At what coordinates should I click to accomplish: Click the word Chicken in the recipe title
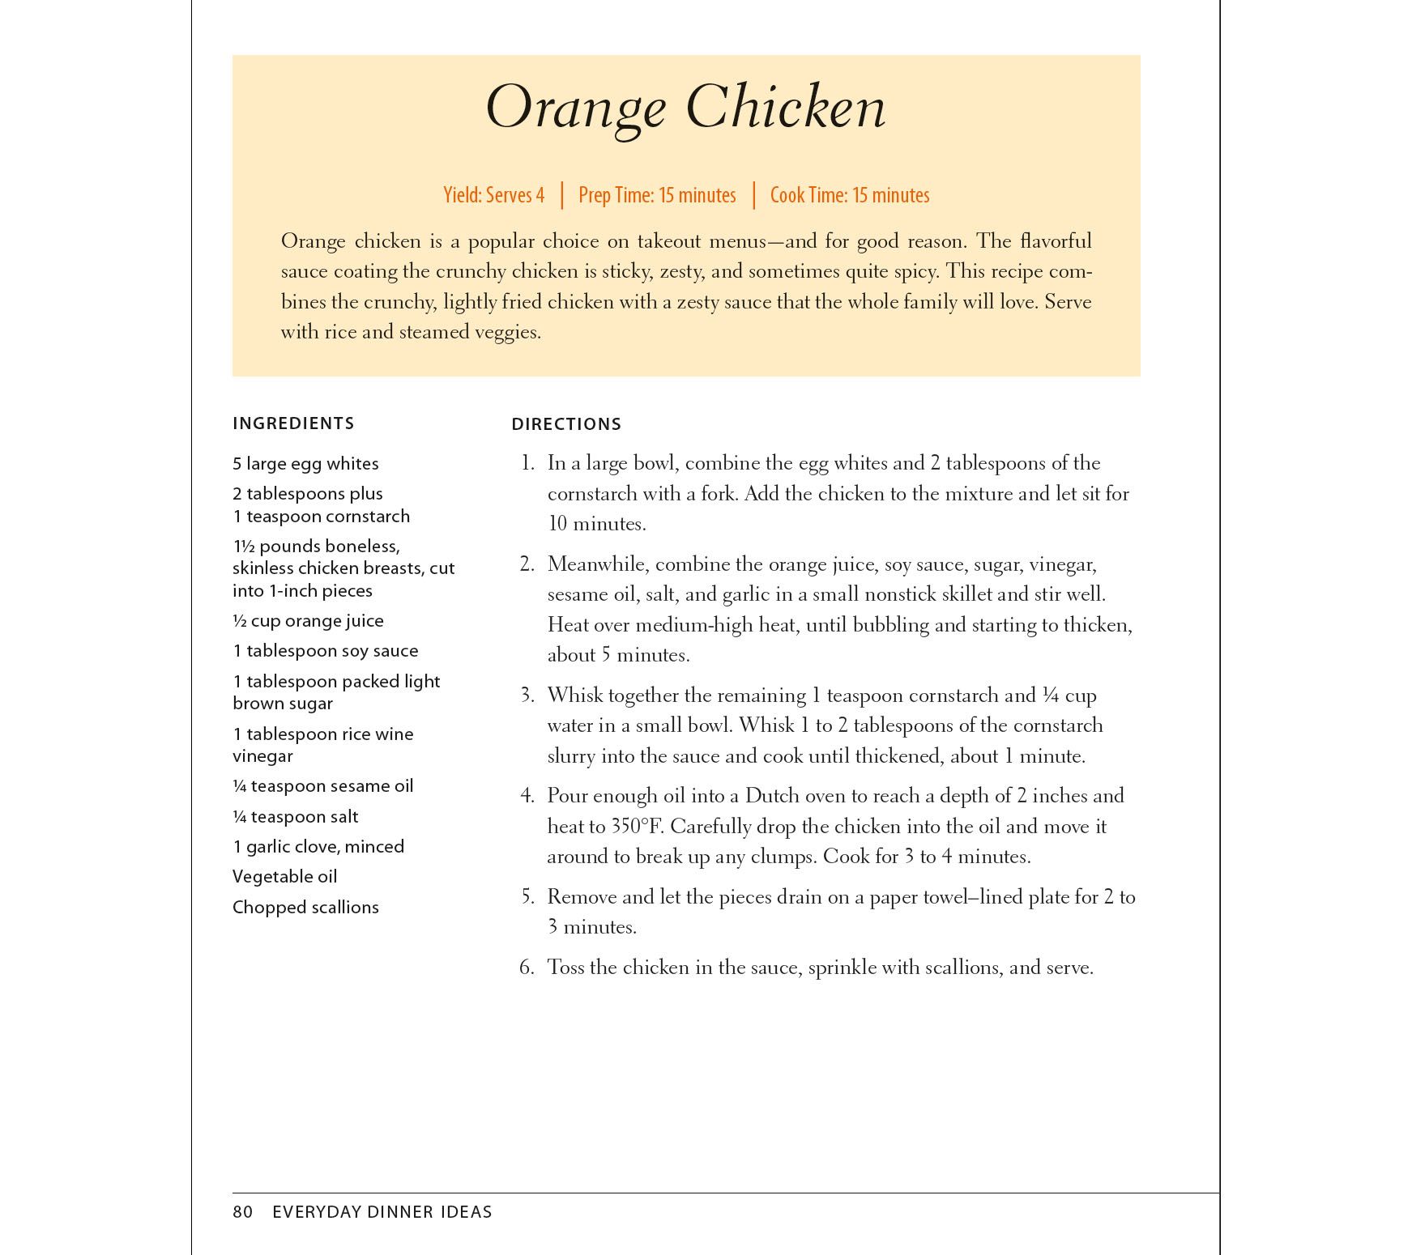tap(786, 107)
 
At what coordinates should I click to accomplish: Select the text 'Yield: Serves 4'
tap(493, 195)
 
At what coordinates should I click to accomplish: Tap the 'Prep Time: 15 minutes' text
tap(657, 195)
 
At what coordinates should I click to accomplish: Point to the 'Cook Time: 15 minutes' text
tap(850, 195)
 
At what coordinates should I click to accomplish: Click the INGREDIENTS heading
tap(293, 423)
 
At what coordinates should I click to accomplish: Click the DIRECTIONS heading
tap(566, 424)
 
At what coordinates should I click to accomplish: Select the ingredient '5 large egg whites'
tap(305, 464)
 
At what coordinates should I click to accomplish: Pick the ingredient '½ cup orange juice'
tap(308, 621)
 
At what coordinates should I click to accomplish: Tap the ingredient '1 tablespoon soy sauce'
tap(325, 651)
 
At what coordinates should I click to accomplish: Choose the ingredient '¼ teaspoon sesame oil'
tap(322, 786)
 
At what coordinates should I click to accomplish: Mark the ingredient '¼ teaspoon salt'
tap(295, 817)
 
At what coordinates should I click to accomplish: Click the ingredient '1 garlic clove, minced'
tap(318, 847)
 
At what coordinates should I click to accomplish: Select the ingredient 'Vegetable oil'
tap(284, 877)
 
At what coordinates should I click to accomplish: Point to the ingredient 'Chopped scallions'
tap(305, 908)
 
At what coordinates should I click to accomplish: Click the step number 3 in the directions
tap(527, 696)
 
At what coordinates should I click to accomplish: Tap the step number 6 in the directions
tap(527, 968)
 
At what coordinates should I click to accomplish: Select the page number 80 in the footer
tap(242, 1212)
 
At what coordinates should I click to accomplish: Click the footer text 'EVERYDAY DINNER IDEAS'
tap(382, 1212)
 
